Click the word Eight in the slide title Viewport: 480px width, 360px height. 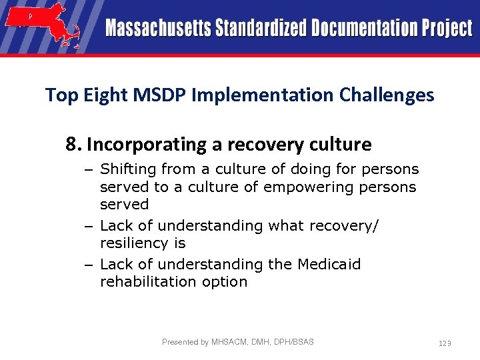tap(109, 96)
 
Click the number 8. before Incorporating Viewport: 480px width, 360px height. tap(73, 144)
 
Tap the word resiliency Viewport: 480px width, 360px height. tap(143, 243)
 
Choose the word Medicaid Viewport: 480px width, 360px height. tap(328, 264)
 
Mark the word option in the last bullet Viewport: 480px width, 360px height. tap(225, 282)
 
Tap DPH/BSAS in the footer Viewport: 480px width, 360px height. tap(293, 342)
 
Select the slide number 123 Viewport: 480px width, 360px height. tap(445, 343)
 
